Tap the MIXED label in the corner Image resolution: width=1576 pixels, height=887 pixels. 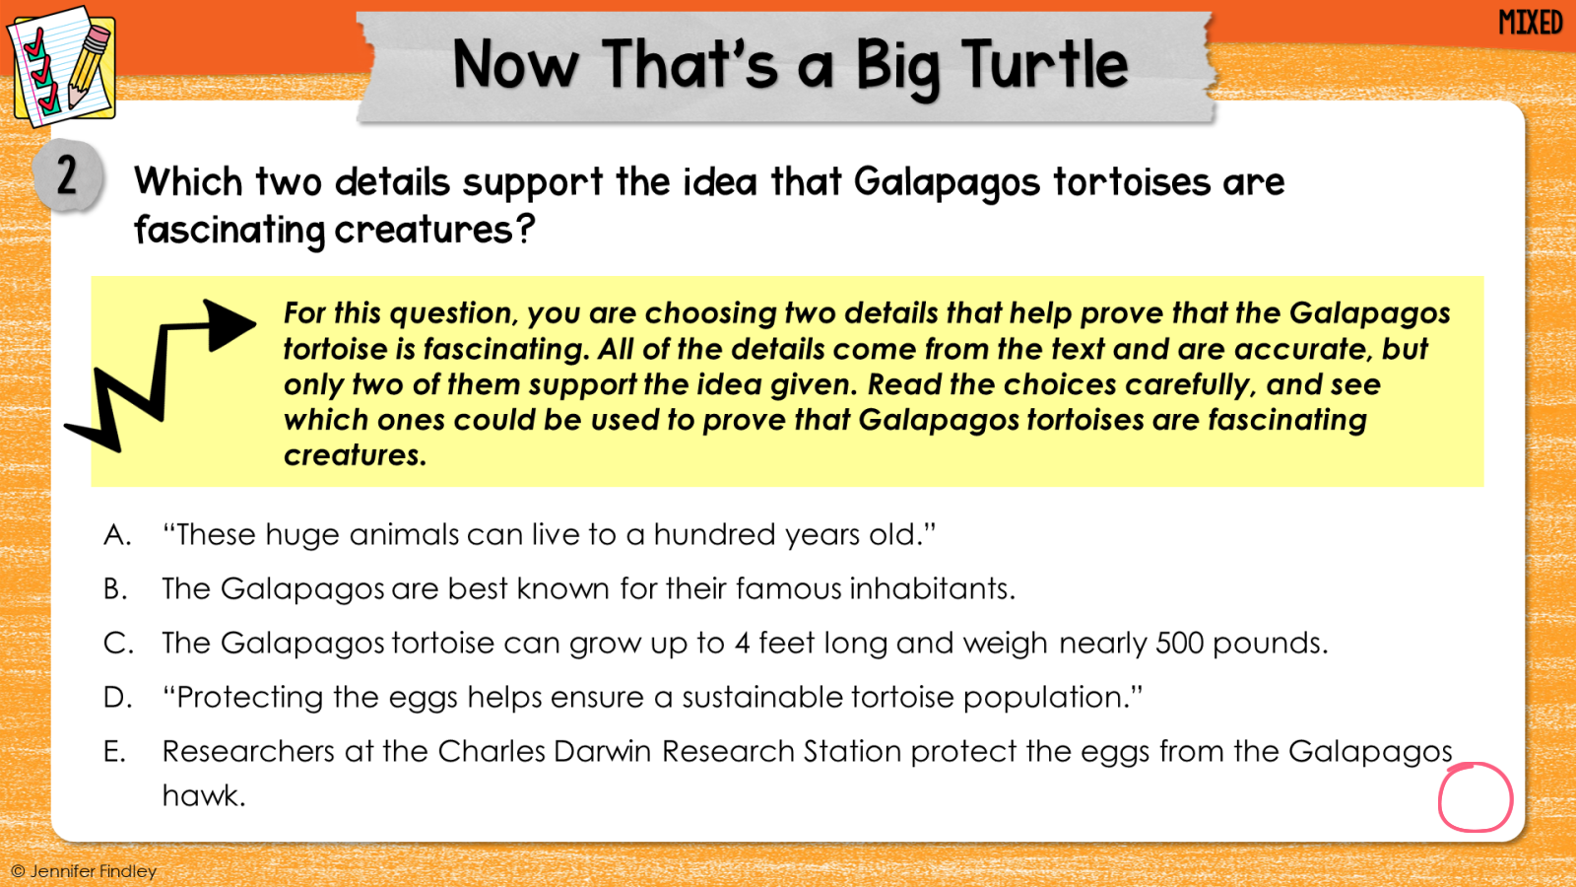pyautogui.click(x=1531, y=23)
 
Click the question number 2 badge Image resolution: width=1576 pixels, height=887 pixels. pyautogui.click(x=68, y=175)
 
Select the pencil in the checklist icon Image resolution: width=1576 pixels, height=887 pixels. pyautogui.click(x=89, y=66)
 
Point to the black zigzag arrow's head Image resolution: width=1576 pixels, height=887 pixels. pyautogui.click(x=229, y=324)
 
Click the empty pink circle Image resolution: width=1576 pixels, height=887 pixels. pyautogui.click(x=1475, y=798)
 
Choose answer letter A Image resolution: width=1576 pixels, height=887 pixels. pyautogui.click(x=117, y=535)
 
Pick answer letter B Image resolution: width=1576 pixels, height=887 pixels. pyautogui.click(x=115, y=589)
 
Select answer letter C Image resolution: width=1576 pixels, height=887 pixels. pyautogui.click(x=117, y=644)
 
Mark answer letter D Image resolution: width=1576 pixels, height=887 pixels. pyautogui.click(x=117, y=698)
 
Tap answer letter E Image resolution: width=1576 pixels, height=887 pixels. pyautogui.click(x=114, y=752)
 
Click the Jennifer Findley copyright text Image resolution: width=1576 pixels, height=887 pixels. pyautogui.click(x=85, y=871)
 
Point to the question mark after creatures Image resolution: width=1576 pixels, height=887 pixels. pyautogui.click(x=525, y=229)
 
